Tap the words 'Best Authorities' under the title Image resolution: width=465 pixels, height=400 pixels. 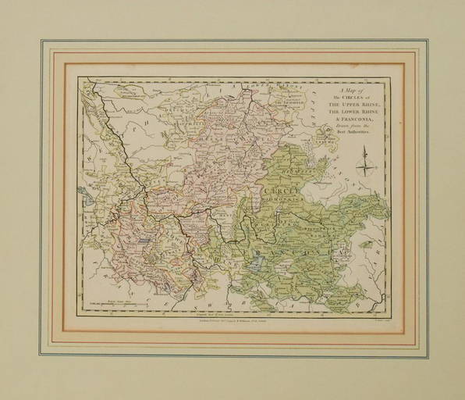[x=355, y=135]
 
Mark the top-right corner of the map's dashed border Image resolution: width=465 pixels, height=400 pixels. [x=388, y=79]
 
